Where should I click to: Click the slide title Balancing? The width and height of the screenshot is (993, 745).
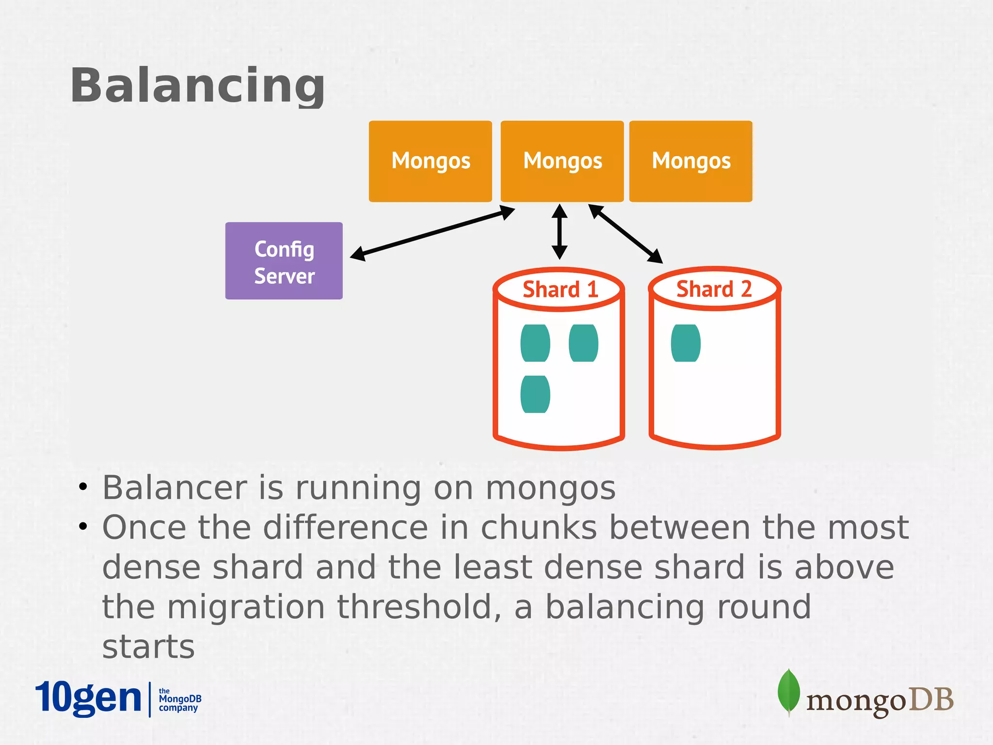tap(197, 85)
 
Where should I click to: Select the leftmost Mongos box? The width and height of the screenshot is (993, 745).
tap(430, 161)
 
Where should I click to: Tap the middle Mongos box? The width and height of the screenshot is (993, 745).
tap(562, 161)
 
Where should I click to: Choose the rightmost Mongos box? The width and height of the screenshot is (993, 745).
tap(690, 161)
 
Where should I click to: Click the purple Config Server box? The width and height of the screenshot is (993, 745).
tap(284, 261)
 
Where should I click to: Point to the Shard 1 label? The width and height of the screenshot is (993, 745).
tap(560, 290)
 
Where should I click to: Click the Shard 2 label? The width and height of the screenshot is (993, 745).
tap(714, 289)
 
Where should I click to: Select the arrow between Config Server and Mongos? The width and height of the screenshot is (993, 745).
tap(432, 233)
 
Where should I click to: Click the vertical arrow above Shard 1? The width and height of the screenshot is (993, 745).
tap(560, 232)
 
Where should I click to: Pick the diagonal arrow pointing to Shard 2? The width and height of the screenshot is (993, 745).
tap(625, 234)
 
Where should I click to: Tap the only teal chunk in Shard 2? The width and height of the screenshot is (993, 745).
tap(686, 343)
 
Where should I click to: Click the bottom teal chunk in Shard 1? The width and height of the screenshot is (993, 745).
tap(535, 394)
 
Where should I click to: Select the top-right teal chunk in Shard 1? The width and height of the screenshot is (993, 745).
tap(583, 343)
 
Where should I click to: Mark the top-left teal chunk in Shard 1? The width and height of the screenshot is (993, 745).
tap(535, 343)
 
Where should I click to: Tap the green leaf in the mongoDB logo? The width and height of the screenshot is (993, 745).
tap(788, 691)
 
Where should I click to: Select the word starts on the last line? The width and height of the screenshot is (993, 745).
tap(148, 647)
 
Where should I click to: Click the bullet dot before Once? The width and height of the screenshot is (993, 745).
tap(83, 526)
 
